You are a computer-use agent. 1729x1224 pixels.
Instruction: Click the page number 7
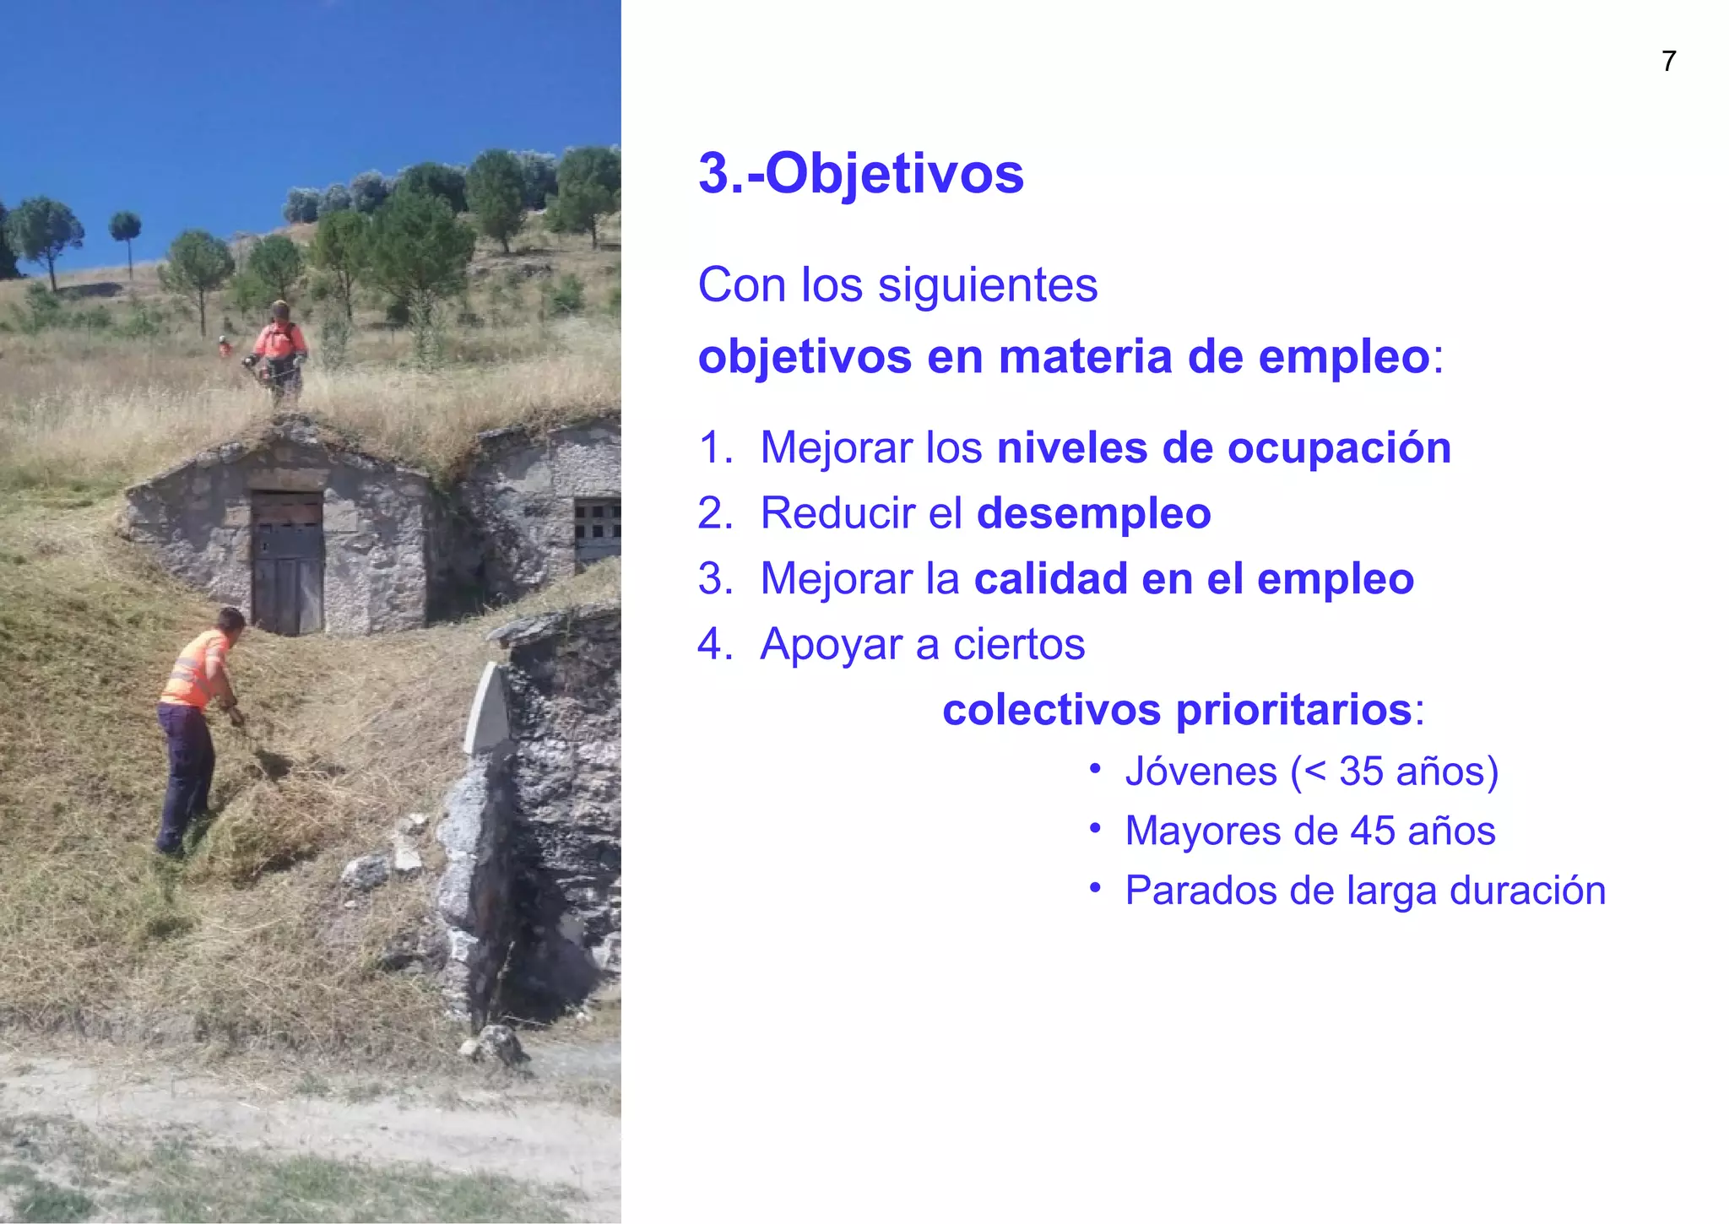1668,62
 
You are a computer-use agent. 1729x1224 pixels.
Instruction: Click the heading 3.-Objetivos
860,174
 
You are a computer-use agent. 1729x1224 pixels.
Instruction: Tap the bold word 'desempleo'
1093,513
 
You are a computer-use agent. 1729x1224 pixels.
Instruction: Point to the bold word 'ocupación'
1339,447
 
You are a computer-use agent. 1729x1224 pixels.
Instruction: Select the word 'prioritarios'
1293,710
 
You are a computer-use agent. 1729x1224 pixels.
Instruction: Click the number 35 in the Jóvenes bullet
1361,772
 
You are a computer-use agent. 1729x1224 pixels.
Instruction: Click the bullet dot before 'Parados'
1095,888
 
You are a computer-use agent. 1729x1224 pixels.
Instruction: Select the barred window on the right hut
596,527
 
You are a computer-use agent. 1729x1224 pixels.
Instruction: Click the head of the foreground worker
230,620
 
